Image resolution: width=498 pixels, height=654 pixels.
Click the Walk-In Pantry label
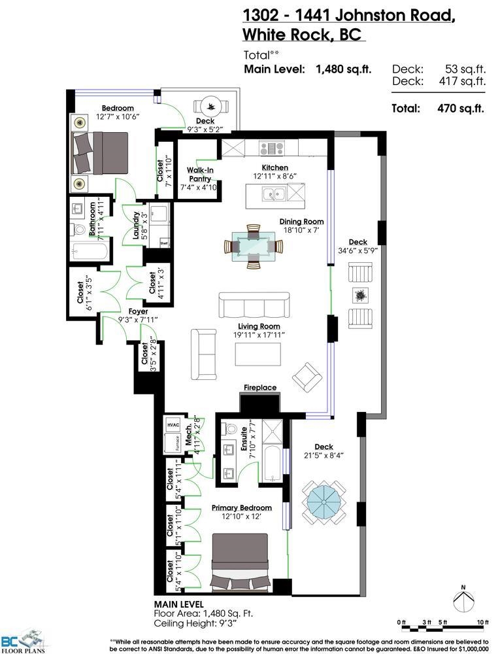tap(200, 175)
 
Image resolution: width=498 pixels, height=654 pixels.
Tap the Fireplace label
tap(260, 387)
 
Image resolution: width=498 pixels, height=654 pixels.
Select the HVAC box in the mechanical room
tap(173, 424)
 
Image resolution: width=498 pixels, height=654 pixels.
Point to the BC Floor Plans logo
tap(23, 643)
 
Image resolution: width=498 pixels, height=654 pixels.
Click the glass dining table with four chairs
tap(254, 247)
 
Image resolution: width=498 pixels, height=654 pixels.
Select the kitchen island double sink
tap(274, 194)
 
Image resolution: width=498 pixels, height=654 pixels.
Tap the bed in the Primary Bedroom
tap(240, 561)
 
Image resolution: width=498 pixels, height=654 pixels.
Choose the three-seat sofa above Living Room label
tap(254, 305)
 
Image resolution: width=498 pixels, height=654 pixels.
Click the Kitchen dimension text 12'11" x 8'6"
tap(274, 176)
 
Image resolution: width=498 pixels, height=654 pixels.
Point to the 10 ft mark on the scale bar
tap(483, 623)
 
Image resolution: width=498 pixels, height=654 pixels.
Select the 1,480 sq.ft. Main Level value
tap(343, 69)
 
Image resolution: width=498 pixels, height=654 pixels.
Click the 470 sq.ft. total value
tap(461, 109)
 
